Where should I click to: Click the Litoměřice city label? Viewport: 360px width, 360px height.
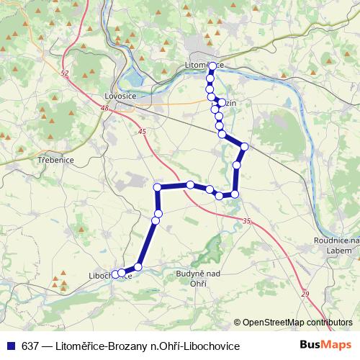tap(205, 65)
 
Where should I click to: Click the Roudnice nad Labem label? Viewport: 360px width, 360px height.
tap(336, 245)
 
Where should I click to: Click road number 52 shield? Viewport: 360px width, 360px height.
tap(65, 73)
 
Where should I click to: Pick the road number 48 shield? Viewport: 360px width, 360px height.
tap(105, 108)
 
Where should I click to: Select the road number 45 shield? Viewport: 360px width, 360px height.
tap(141, 131)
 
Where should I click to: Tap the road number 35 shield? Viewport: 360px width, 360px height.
tap(248, 221)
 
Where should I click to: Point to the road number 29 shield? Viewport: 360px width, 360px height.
tap(305, 294)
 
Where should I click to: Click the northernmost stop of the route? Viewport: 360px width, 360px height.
tap(212, 66)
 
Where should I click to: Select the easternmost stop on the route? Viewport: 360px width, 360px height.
tap(244, 147)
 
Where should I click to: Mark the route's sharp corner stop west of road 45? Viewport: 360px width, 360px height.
tap(157, 187)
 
